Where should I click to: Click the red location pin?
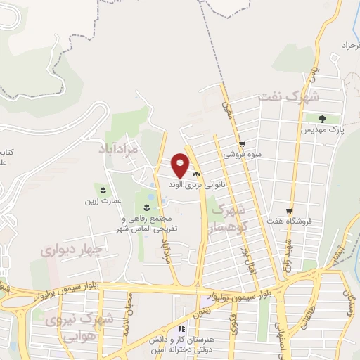[x=181, y=165]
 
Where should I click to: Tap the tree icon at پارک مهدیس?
[x=323, y=118]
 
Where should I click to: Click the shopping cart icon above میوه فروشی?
[x=242, y=143]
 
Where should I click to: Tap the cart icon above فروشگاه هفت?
[x=289, y=210]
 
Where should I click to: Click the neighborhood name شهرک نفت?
[x=288, y=97]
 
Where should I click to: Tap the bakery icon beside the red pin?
[x=196, y=174]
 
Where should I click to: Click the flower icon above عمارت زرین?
[x=103, y=190]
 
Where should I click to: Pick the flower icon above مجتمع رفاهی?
[x=146, y=207]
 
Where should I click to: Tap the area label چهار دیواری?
[x=72, y=250]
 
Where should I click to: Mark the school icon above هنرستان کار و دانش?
[x=181, y=328]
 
